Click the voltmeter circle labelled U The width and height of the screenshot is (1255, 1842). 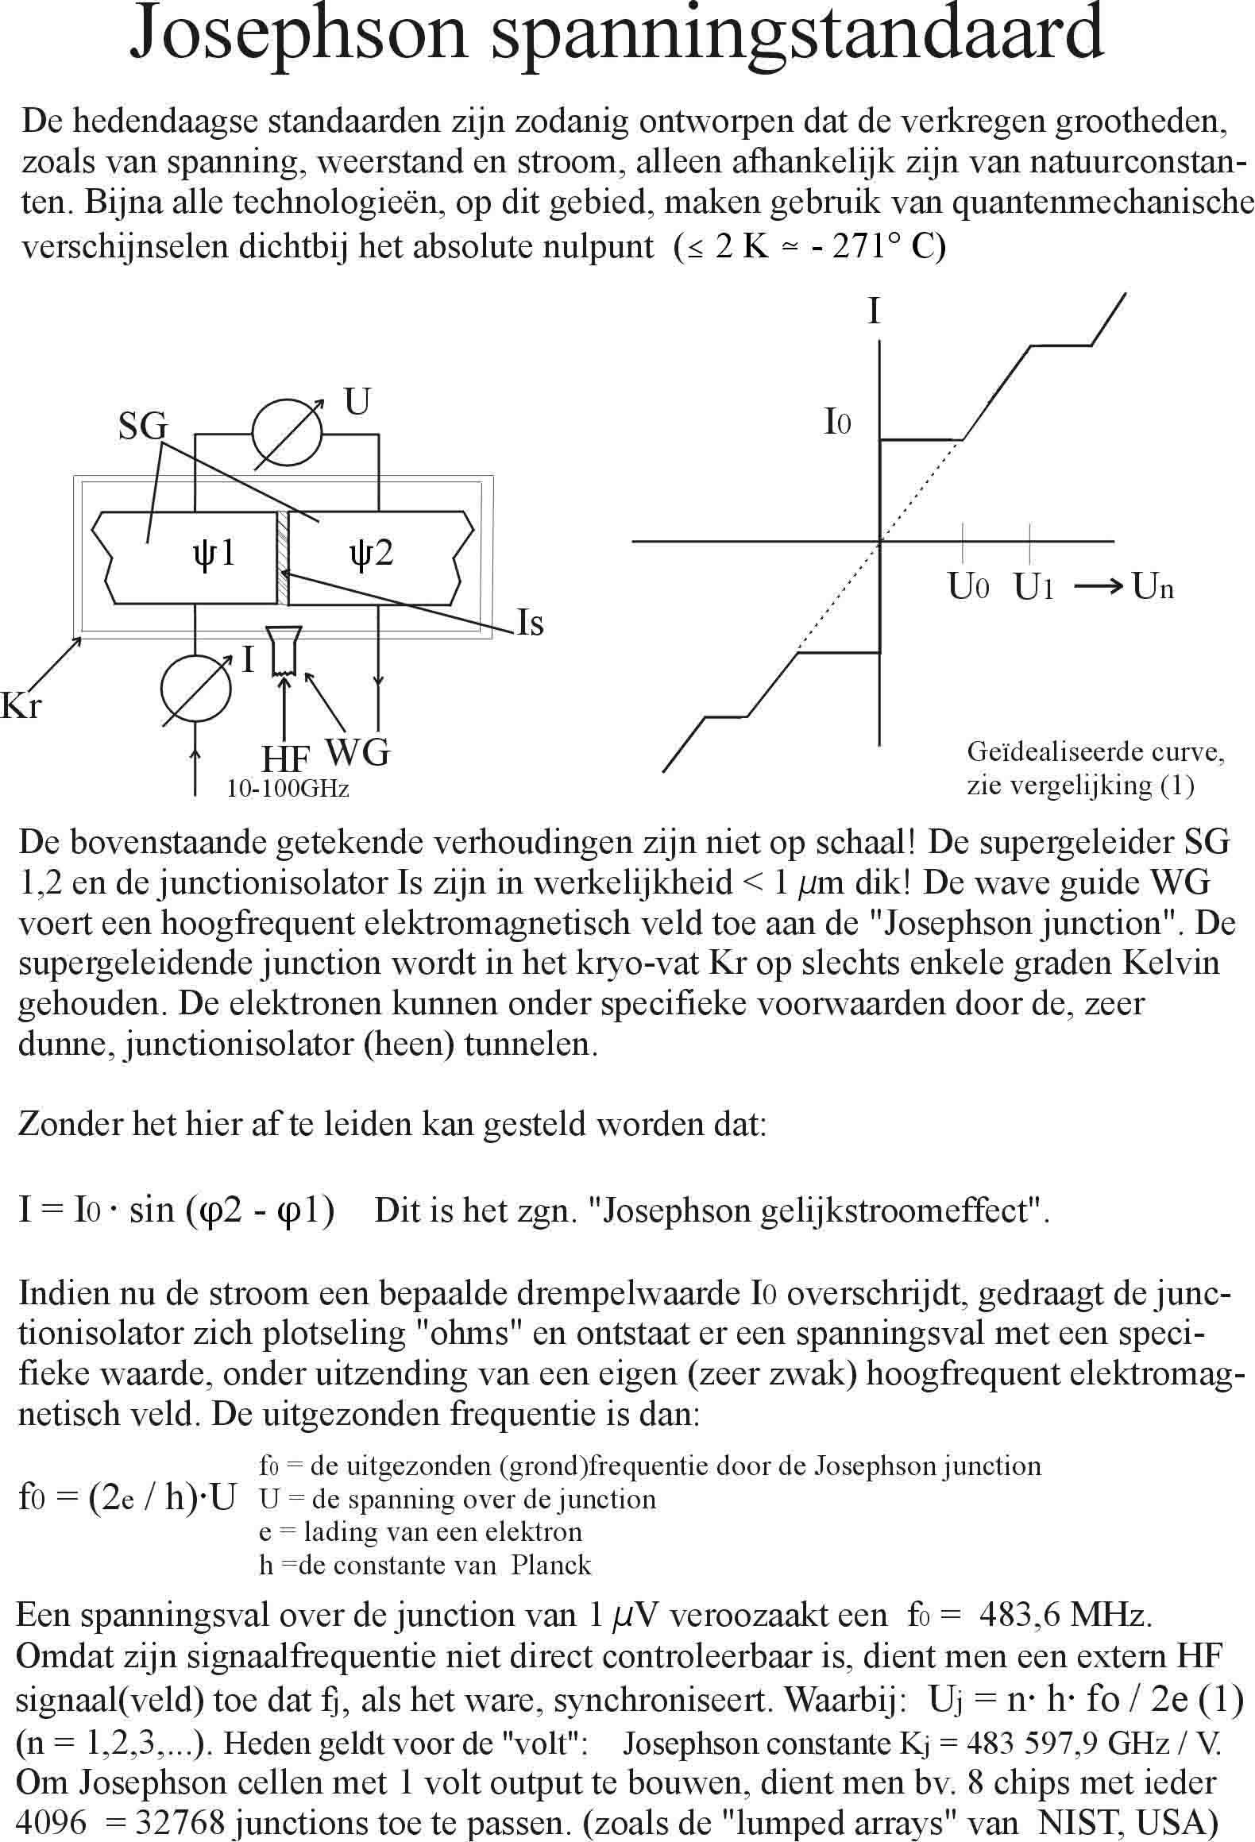[x=287, y=433]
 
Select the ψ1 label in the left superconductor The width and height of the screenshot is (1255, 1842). [x=214, y=552]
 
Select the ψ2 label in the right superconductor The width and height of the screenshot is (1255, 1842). [x=371, y=552]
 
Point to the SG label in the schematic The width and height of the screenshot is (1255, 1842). [x=143, y=427]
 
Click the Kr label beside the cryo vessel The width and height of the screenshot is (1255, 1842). [x=21, y=705]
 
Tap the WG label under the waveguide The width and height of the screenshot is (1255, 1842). [x=358, y=750]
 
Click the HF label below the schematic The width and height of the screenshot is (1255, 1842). [x=285, y=759]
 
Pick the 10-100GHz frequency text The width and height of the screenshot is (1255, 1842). [x=288, y=789]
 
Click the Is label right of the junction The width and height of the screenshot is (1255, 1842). [x=530, y=623]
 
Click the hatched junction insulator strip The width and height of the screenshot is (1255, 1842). [x=282, y=556]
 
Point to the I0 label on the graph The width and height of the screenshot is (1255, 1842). [x=837, y=422]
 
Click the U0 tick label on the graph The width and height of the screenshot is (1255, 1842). [x=968, y=587]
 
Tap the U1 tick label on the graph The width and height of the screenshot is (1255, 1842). [x=1033, y=587]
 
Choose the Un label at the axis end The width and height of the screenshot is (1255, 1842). [x=1153, y=587]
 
